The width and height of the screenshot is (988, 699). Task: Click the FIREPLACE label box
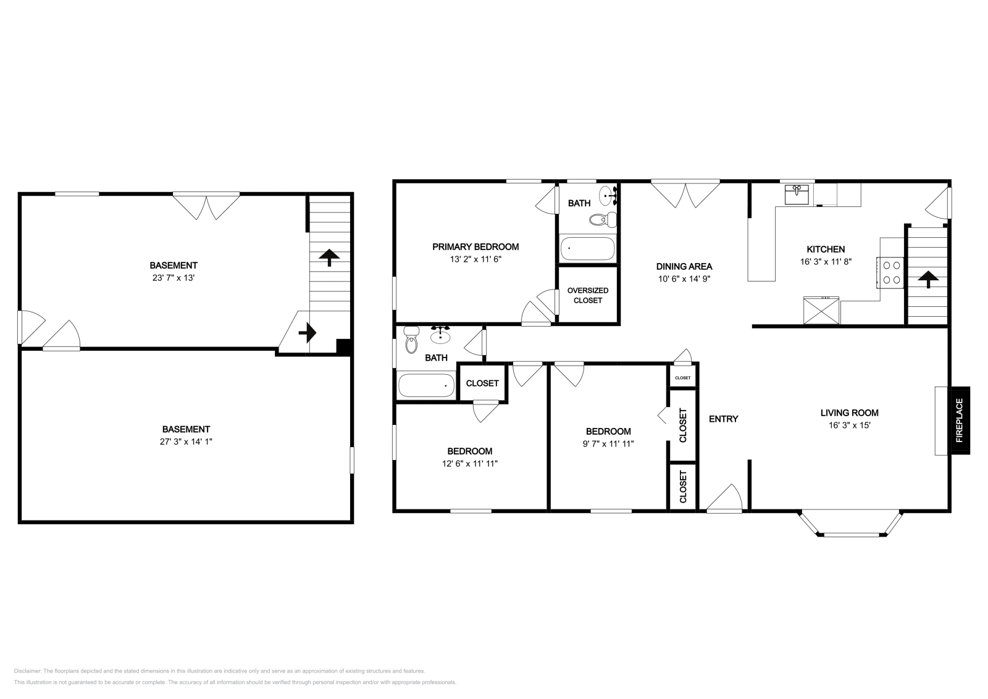click(960, 421)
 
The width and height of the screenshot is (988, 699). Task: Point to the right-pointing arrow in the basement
click(308, 333)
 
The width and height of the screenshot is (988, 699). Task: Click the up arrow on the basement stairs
click(329, 257)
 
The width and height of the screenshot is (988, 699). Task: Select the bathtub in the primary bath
click(587, 249)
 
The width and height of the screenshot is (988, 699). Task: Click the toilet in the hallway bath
click(411, 340)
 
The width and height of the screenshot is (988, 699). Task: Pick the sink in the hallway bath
click(440, 335)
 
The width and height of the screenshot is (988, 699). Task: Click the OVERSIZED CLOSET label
click(588, 295)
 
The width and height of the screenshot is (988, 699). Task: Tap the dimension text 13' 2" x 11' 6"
click(475, 259)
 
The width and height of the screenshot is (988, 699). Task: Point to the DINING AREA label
click(684, 267)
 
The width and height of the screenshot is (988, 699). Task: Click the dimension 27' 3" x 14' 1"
click(186, 442)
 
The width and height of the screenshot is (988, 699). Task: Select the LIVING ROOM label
click(849, 413)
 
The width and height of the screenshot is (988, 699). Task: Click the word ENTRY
click(723, 419)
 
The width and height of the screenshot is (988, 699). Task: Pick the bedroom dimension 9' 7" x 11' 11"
click(608, 443)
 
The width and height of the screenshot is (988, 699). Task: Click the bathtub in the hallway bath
click(425, 386)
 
